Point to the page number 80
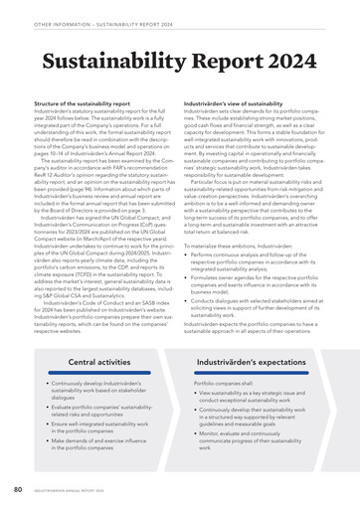(x=18, y=489)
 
